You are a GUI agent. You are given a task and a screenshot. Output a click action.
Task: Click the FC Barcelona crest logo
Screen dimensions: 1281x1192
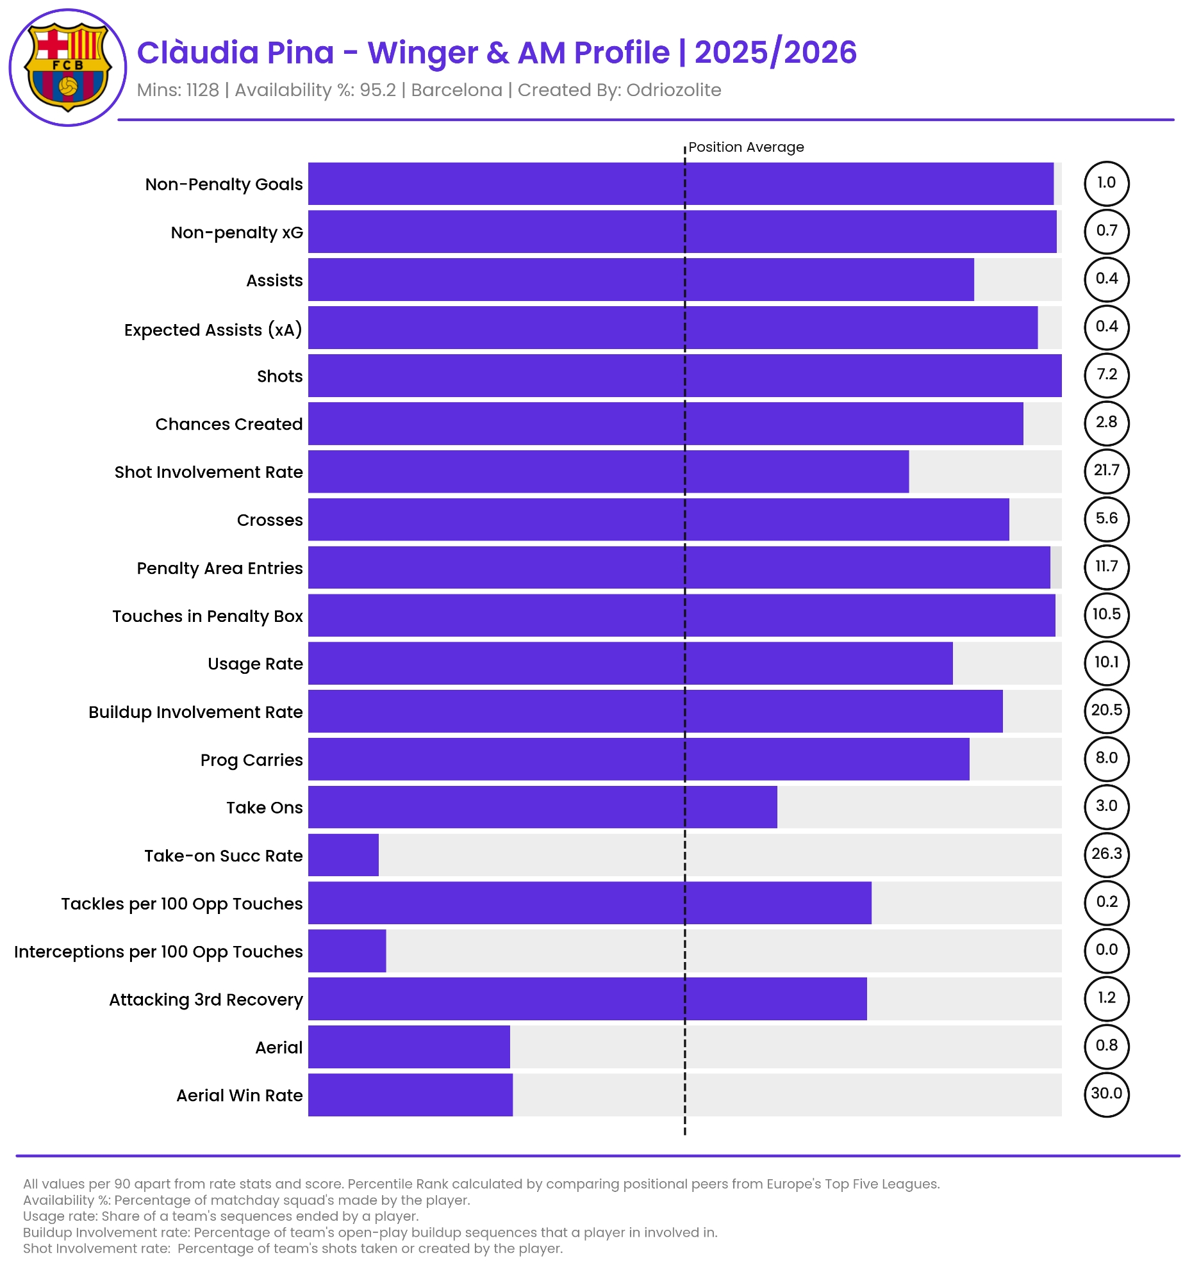pos(68,68)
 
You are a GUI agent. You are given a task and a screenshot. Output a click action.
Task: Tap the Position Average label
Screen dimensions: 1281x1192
pos(745,147)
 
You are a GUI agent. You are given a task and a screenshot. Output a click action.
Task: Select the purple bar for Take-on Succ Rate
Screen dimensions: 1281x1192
pos(343,854)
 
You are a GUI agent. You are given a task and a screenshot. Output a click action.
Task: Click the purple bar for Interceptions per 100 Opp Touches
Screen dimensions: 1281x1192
pos(347,951)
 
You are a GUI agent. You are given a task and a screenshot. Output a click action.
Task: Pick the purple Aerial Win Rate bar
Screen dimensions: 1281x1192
pos(410,1094)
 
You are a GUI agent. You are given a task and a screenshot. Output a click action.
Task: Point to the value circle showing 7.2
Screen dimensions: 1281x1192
pos(1106,375)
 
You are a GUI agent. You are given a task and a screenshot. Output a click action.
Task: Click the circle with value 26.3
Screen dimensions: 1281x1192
pos(1106,854)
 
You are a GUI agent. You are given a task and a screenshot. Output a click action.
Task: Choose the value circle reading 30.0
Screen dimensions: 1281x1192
pos(1106,1093)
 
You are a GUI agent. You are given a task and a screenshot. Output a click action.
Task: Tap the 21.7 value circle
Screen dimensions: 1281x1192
pos(1106,470)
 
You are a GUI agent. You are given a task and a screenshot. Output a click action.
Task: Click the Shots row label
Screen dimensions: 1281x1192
pos(279,377)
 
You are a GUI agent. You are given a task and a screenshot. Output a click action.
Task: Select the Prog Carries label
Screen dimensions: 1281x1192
pos(251,760)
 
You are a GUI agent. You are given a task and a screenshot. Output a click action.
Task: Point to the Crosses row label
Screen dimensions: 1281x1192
pos(269,520)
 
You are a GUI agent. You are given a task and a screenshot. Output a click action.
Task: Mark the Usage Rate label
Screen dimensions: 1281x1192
pos(254,664)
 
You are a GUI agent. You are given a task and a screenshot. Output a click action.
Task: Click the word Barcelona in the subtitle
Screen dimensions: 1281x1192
pos(456,90)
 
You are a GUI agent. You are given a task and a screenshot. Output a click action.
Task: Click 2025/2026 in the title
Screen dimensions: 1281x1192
pos(775,53)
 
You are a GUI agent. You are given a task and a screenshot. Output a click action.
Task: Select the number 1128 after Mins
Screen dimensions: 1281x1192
pos(203,90)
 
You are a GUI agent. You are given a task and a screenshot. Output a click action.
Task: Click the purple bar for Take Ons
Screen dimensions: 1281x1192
pos(542,807)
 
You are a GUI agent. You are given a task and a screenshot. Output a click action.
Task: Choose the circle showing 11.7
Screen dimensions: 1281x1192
pos(1106,566)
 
